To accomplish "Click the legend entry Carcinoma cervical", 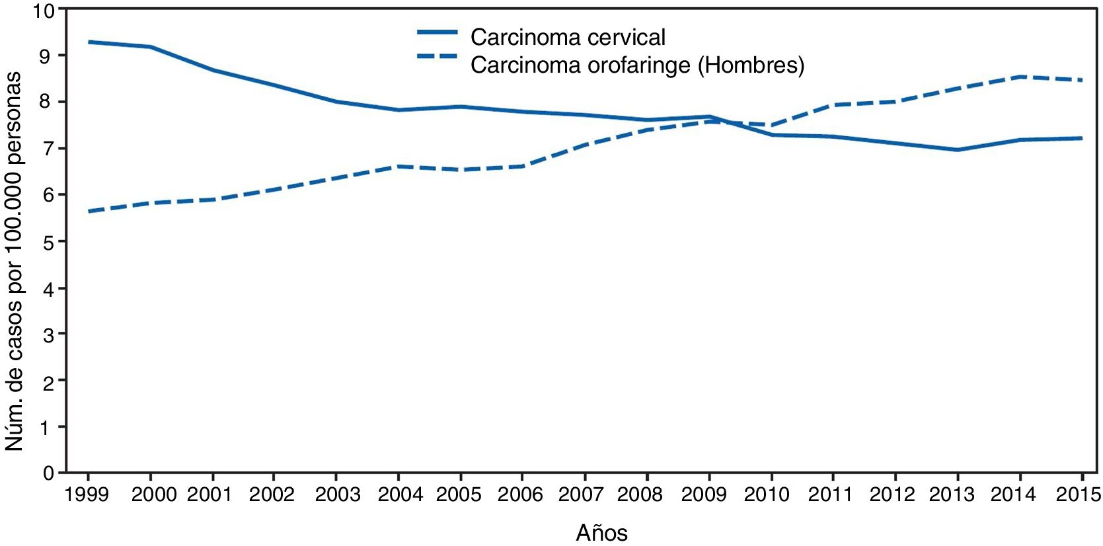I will (x=567, y=37).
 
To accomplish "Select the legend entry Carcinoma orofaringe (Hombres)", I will (x=637, y=65).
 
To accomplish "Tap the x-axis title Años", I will (x=601, y=532).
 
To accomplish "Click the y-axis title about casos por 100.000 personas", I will (x=15, y=262).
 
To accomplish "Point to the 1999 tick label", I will (x=88, y=494).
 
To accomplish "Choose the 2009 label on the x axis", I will (x=704, y=494).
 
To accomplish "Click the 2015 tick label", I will (x=1078, y=494).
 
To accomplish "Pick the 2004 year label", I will (x=400, y=494).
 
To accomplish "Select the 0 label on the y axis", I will (x=49, y=473).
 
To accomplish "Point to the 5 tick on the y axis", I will (x=49, y=241).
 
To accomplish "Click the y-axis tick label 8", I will (x=49, y=102).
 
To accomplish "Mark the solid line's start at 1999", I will (x=89, y=42).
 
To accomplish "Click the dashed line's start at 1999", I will (x=89, y=212).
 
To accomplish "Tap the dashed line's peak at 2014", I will (x=1020, y=77).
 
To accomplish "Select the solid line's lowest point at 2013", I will (x=958, y=150).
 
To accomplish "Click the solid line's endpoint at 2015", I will (x=1082, y=138).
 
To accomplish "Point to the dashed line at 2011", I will (x=833, y=105).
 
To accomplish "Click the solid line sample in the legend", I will (x=437, y=32).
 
